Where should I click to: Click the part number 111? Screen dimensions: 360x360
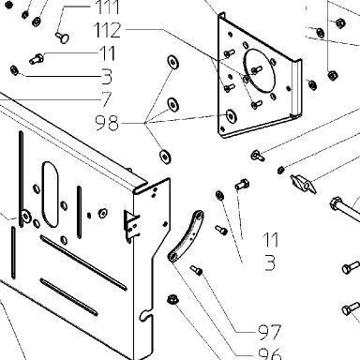pos(108,7)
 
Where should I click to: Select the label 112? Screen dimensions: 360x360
pos(107,30)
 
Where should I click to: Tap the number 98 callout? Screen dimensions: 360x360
pos(107,123)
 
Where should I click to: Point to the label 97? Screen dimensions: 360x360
pos(270,332)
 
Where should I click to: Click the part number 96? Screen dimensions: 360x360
pos(270,354)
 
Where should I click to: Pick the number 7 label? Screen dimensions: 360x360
pos(107,99)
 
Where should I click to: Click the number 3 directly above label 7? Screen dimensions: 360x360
pos(107,77)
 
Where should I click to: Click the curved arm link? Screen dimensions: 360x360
pos(186,235)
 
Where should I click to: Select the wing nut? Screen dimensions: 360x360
pos(303,184)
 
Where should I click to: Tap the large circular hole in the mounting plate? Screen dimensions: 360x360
pos(260,70)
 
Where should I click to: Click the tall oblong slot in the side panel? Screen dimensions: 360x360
pos(51,194)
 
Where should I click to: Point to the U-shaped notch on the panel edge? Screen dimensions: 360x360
pos(144,315)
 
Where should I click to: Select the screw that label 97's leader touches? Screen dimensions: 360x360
pos(197,270)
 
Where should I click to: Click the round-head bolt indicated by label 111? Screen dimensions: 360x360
pos(63,37)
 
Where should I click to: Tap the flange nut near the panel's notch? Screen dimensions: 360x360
pos(172,299)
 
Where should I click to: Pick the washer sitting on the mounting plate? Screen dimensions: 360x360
pos(231,116)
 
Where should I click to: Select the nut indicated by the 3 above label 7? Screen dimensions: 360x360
pos(14,70)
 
